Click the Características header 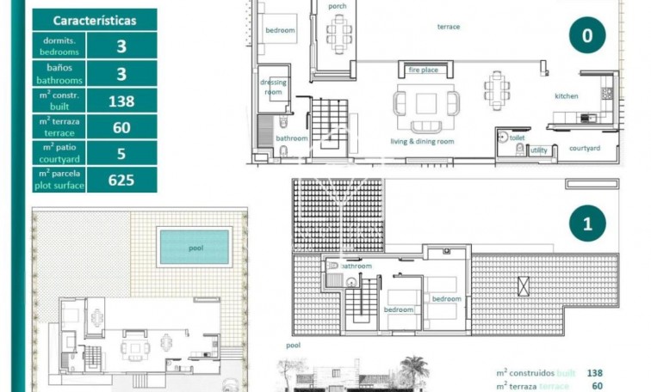tap(95, 21)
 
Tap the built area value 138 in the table tap(121, 101)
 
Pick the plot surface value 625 tap(121, 180)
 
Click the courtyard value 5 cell tap(121, 153)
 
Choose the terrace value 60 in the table tap(121, 127)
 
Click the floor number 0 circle tap(587, 35)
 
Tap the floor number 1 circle tap(587, 224)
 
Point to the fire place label tap(423, 70)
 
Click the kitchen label tap(566, 96)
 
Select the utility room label tap(538, 150)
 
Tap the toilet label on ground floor tap(517, 137)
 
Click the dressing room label tap(273, 87)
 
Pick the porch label tap(338, 7)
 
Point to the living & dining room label tap(422, 141)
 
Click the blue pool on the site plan tap(195, 247)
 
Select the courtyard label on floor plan tap(585, 148)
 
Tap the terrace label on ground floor tap(449, 27)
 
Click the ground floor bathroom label tap(291, 138)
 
